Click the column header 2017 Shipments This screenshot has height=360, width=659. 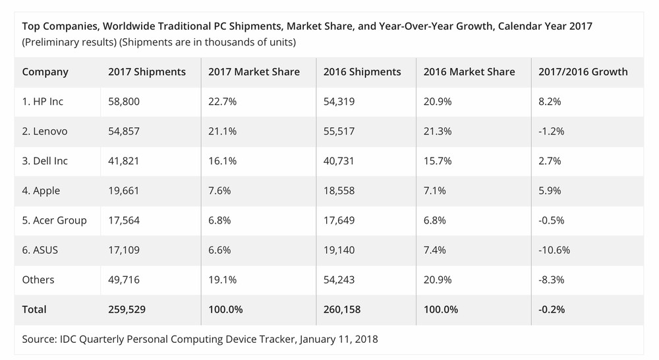pyautogui.click(x=147, y=72)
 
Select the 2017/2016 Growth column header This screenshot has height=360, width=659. pyautogui.click(x=584, y=72)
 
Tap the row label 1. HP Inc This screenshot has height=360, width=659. pyautogui.click(x=43, y=102)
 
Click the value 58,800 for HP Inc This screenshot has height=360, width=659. pyautogui.click(x=125, y=102)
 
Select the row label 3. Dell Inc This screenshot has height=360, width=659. pyautogui.click(x=45, y=161)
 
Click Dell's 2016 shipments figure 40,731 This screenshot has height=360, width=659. pyautogui.click(x=339, y=161)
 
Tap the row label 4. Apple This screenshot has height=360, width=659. pyautogui.click(x=41, y=191)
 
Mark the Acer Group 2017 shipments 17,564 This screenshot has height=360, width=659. pyautogui.click(x=125, y=220)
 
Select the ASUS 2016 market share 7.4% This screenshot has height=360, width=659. pyautogui.click(x=437, y=250)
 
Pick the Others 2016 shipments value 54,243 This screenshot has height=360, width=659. pyautogui.click(x=339, y=280)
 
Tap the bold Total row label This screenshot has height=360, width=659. pyautogui.click(x=34, y=309)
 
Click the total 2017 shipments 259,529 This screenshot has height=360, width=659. pyautogui.click(x=128, y=309)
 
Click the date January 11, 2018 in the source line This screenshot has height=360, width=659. pyautogui.click(x=339, y=340)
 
